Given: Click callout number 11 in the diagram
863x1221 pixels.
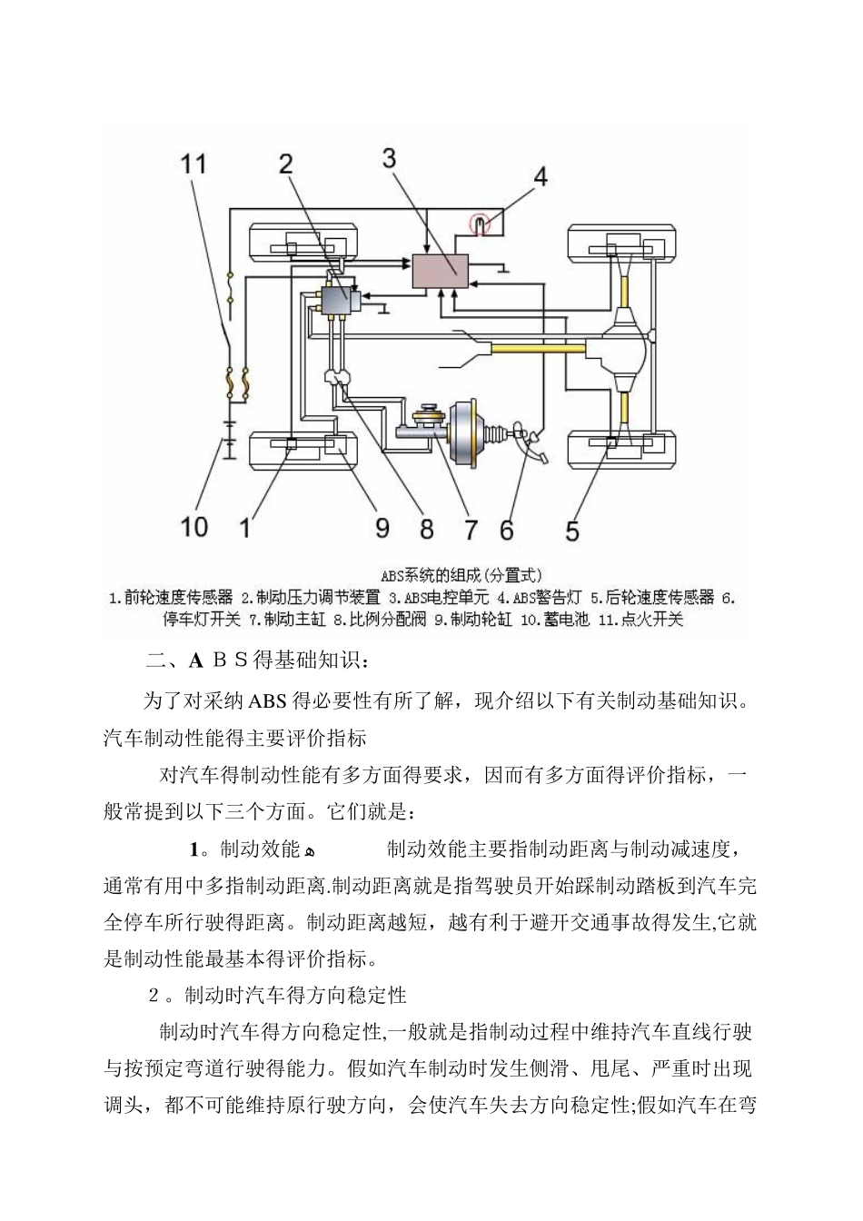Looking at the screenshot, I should click(194, 164).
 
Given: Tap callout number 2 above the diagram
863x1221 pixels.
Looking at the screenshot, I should click(285, 164).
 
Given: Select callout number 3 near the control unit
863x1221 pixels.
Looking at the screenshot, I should click(389, 158).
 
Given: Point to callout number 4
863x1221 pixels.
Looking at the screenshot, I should click(541, 175).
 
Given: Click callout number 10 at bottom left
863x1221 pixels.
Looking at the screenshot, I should click(194, 526).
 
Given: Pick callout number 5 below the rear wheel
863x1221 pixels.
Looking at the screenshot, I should click(571, 530).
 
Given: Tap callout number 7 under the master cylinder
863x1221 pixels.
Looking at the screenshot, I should click(471, 529).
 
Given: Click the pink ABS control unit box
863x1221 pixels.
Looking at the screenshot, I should click(441, 272).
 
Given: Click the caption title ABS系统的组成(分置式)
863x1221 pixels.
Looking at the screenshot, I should click(461, 575).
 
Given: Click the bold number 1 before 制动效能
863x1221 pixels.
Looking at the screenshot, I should click(193, 850).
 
